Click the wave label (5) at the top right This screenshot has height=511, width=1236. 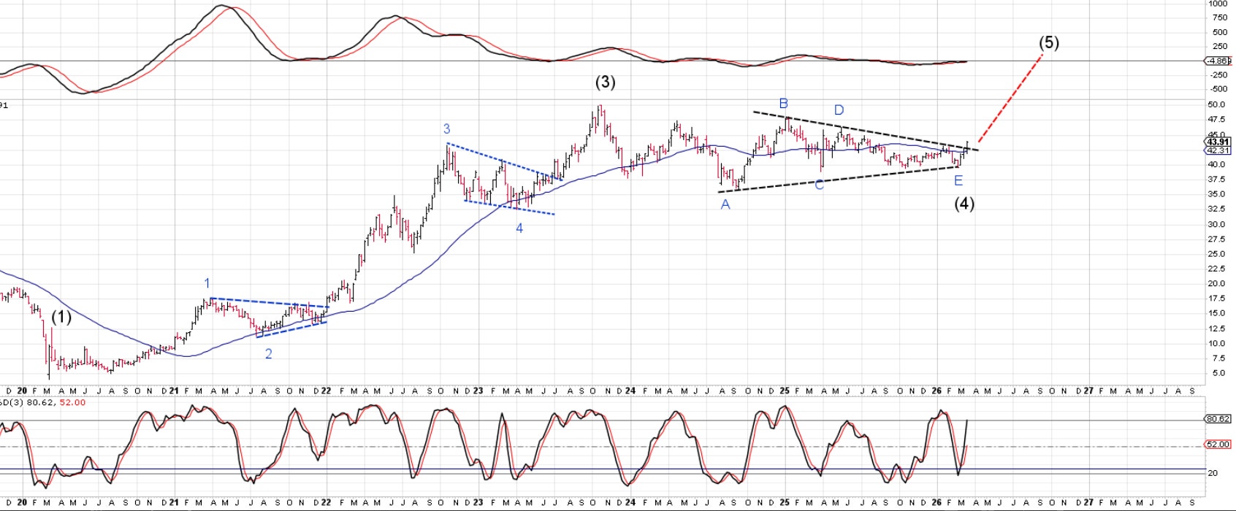point(1048,43)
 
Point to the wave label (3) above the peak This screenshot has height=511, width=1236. point(605,82)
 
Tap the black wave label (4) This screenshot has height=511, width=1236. point(964,204)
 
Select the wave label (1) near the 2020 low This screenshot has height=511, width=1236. point(61,318)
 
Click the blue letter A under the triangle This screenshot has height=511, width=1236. point(725,205)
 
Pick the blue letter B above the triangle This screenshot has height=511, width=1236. point(783,104)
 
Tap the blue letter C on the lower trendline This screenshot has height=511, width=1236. point(819,185)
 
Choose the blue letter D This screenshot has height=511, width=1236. point(839,110)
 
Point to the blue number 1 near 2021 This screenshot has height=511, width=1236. point(207,283)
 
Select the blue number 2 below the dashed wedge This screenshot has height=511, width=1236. point(269,354)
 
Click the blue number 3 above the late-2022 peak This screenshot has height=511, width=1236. point(446,129)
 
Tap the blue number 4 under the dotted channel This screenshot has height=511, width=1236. point(519,228)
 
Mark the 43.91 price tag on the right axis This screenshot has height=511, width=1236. point(1218,142)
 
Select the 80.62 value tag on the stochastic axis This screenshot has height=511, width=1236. point(1218,419)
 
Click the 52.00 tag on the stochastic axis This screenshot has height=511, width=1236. point(1218,444)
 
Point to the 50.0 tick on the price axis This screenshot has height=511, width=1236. point(1216,104)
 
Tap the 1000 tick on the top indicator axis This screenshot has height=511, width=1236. point(1218,4)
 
